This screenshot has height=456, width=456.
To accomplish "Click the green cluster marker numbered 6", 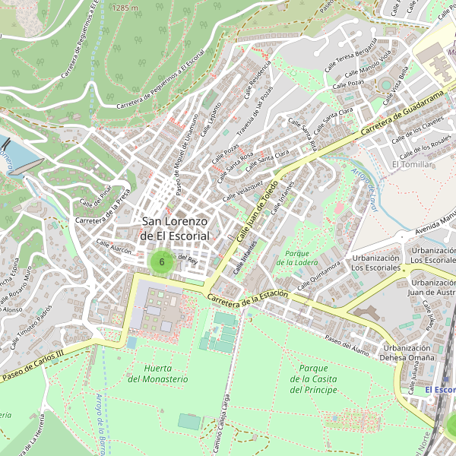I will pyautogui.click(x=161, y=261).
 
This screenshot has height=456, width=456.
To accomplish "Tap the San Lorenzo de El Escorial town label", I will pyautogui.click(x=175, y=229).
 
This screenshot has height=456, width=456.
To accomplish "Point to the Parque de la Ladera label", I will pyautogui.click(x=296, y=258).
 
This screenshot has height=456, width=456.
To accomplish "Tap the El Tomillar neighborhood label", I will pyautogui.click(x=411, y=164).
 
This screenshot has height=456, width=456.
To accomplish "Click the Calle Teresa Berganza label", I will pyautogui.click(x=350, y=56).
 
